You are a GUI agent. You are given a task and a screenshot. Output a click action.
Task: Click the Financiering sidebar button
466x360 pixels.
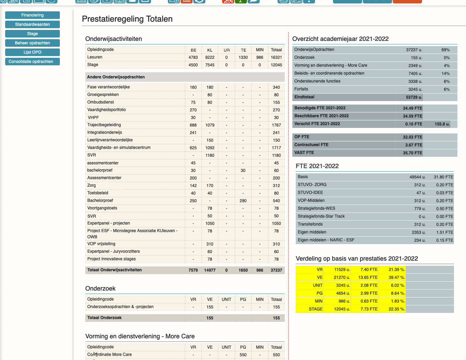pyautogui.click(x=32, y=15)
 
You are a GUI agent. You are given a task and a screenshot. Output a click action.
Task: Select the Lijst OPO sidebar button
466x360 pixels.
pyautogui.click(x=32, y=52)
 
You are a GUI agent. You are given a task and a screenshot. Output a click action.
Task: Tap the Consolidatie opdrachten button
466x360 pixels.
pyautogui.click(x=32, y=62)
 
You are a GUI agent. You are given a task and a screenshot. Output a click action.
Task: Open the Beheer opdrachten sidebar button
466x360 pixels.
pyautogui.click(x=32, y=43)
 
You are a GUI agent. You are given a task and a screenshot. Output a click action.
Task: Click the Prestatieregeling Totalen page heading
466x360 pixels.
pyautogui.click(x=127, y=19)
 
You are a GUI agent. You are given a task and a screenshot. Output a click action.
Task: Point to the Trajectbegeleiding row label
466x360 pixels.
pyautogui.click(x=104, y=125)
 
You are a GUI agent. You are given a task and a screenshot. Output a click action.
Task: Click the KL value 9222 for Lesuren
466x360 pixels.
pyautogui.click(x=210, y=57)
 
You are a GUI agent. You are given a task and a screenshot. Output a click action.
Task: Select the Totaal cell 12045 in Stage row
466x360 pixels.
pyautogui.click(x=276, y=65)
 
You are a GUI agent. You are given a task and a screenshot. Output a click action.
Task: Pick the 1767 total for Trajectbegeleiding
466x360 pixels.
pyautogui.click(x=276, y=125)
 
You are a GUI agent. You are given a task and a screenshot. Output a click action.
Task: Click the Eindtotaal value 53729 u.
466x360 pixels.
pyautogui.click(x=414, y=97)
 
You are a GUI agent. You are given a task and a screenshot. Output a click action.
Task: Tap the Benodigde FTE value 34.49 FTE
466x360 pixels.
pyautogui.click(x=412, y=108)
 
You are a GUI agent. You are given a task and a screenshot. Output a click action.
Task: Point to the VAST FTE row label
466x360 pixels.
pyautogui.click(x=304, y=153)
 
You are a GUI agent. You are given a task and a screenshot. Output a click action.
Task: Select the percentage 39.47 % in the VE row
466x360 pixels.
pyautogui.click(x=397, y=277)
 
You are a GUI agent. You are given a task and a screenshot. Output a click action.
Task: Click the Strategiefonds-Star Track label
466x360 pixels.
pyautogui.click(x=321, y=216)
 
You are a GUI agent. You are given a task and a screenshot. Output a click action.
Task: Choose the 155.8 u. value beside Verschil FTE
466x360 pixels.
pyautogui.click(x=442, y=124)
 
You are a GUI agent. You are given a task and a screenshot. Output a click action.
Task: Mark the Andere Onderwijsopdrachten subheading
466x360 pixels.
pyautogui.click(x=116, y=77)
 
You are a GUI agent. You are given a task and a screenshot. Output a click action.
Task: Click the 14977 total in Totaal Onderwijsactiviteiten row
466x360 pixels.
pyautogui.click(x=210, y=270)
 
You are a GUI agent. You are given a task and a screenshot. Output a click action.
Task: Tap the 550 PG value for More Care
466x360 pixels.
pyautogui.click(x=243, y=355)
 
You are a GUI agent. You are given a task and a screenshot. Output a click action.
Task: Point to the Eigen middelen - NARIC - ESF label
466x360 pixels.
pyautogui.click(x=326, y=240)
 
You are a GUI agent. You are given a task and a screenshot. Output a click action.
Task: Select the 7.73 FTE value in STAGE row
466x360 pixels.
pyautogui.click(x=369, y=309)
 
